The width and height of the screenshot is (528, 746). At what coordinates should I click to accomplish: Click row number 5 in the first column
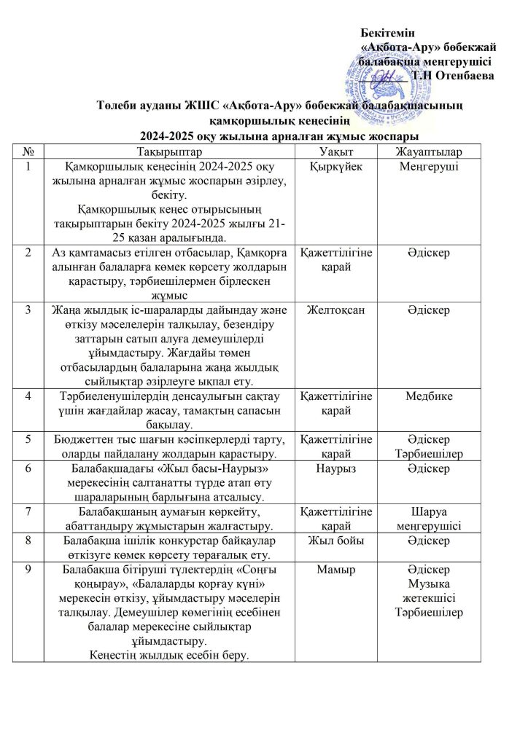click(x=28, y=439)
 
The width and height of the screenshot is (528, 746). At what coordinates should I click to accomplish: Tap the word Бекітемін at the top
click(x=388, y=32)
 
